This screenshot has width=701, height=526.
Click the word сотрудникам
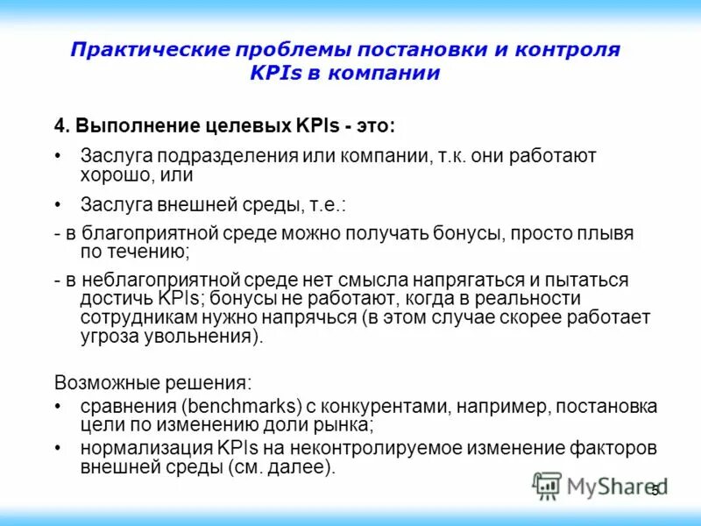pyautogui.click(x=132, y=317)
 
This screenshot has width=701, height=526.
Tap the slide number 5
pyautogui.click(x=655, y=491)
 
